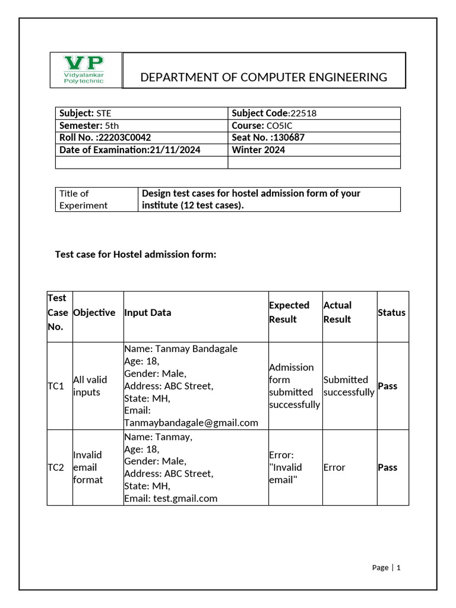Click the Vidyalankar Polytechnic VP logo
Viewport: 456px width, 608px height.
click(x=84, y=70)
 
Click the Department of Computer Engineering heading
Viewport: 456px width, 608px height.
click(x=263, y=77)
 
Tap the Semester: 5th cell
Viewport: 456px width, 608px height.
click(x=89, y=125)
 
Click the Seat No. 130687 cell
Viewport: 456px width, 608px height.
click(x=268, y=137)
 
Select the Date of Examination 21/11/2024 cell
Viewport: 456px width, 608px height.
click(x=129, y=150)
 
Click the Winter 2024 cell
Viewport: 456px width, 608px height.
click(x=258, y=150)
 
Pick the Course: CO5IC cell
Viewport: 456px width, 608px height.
click(x=262, y=125)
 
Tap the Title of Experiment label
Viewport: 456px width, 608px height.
click(x=83, y=199)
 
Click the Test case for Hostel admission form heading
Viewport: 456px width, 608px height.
click(x=136, y=254)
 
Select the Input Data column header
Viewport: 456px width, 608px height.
click(x=148, y=312)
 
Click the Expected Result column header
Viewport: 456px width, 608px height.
click(x=289, y=312)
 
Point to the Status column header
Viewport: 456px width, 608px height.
click(x=391, y=312)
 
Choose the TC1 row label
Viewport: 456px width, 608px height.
click(x=56, y=386)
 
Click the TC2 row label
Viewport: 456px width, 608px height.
click(x=56, y=467)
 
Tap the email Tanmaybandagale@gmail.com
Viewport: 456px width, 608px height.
click(x=191, y=423)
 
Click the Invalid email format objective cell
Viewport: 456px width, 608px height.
click(x=88, y=467)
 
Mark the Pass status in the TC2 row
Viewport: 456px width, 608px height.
click(x=387, y=467)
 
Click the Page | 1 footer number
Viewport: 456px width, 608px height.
click(x=387, y=567)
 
